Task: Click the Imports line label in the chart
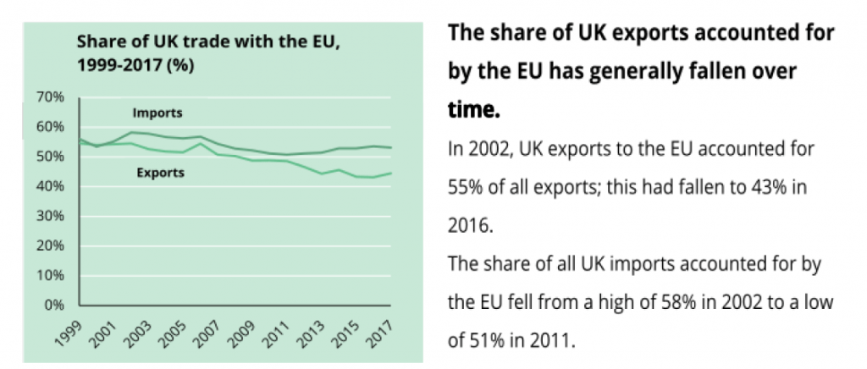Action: pyautogui.click(x=157, y=113)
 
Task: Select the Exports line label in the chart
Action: pyautogui.click(x=160, y=173)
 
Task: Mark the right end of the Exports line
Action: pyautogui.click(x=390, y=173)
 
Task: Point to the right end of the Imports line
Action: pyautogui.click(x=390, y=147)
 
